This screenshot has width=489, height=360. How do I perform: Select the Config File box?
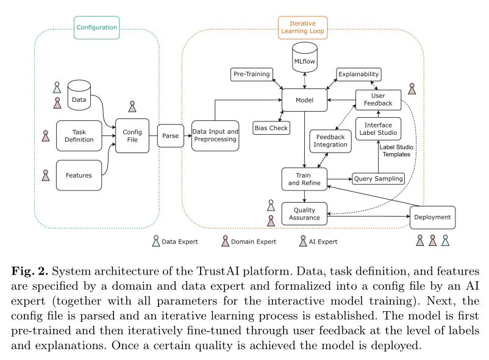[x=132, y=135]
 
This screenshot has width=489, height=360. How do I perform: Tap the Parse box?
[x=170, y=135]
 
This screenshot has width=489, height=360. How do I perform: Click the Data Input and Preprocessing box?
[x=215, y=135]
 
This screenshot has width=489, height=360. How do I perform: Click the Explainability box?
[x=359, y=74]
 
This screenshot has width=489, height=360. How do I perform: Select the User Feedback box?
[x=378, y=99]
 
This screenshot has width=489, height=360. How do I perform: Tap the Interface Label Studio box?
[x=378, y=128]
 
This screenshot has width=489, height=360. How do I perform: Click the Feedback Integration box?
[x=330, y=140]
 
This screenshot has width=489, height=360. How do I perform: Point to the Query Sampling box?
[x=379, y=179]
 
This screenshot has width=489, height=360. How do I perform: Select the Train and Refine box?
[x=304, y=179]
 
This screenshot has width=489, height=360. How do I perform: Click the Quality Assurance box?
[x=304, y=213]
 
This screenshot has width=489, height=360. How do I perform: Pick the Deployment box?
[x=432, y=217]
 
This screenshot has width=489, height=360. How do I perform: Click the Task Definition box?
[x=79, y=135]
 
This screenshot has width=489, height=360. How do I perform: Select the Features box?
[x=79, y=175]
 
